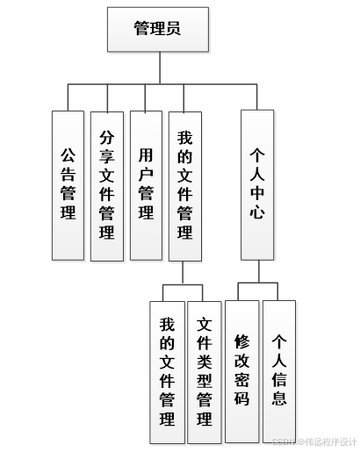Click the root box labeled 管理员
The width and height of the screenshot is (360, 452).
tap(158, 28)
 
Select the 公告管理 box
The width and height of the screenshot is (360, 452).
tap(68, 184)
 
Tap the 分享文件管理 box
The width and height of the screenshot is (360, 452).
tap(107, 184)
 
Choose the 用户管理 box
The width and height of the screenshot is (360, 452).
tap(146, 184)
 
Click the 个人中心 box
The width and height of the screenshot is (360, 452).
tap(257, 184)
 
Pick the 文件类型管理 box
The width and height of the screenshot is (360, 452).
tap(205, 370)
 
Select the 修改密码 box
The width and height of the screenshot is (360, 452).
tap(242, 370)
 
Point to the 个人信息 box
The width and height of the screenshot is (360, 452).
tap(279, 370)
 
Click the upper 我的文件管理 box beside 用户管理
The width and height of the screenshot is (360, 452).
tap(184, 184)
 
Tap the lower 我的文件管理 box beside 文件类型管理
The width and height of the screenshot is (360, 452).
tap(167, 370)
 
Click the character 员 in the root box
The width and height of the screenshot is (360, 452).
tap(175, 28)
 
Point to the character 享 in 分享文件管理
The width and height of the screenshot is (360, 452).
tap(107, 157)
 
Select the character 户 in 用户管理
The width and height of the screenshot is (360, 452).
tap(146, 173)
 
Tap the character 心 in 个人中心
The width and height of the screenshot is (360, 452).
tap(257, 212)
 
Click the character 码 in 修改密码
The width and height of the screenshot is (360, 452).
tap(242, 398)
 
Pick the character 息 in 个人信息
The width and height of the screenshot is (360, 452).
tap(279, 398)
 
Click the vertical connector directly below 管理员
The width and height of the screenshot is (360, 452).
tap(158, 68)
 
